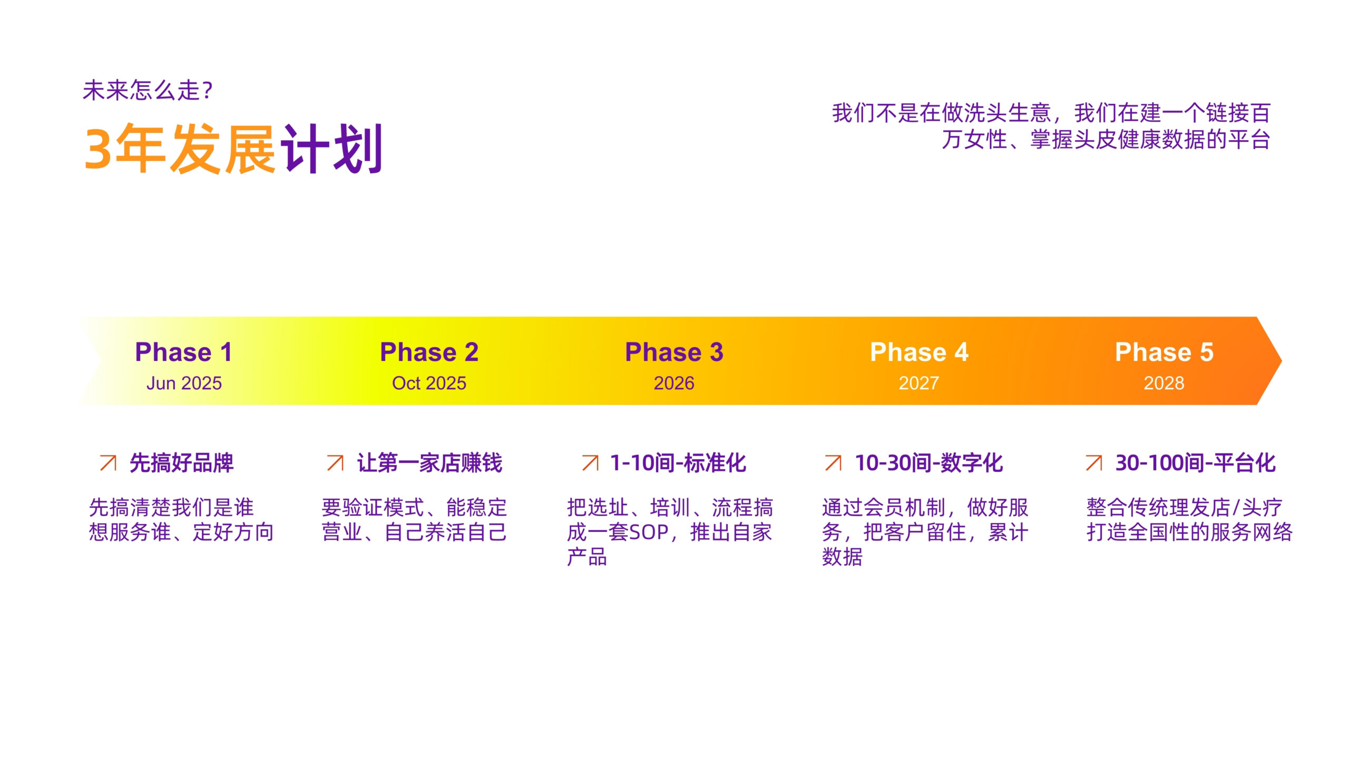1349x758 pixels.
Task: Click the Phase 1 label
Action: (x=183, y=352)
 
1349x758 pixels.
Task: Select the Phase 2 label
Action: (x=429, y=352)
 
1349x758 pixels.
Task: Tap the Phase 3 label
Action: (x=674, y=352)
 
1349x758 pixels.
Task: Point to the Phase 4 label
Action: (x=919, y=352)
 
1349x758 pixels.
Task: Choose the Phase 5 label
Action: (x=1164, y=352)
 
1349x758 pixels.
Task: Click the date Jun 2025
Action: (x=184, y=383)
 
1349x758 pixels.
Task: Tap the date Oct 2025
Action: (x=429, y=383)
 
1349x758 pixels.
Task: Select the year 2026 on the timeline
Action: (x=674, y=383)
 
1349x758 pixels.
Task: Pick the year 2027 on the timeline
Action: (x=919, y=383)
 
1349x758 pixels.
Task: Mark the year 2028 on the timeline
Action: (x=1164, y=383)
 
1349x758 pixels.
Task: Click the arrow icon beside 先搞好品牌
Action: (x=108, y=462)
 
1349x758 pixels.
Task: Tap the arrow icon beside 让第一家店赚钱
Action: (x=335, y=462)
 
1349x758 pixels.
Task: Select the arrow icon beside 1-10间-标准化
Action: (x=590, y=462)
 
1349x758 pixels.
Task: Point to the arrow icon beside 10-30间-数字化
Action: (x=833, y=462)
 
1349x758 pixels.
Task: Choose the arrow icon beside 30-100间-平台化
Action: (x=1094, y=462)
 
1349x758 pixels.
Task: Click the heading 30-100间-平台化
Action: (x=1195, y=463)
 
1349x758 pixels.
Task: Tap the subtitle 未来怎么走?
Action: (x=148, y=90)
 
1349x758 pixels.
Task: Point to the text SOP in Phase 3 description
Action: (x=649, y=533)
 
